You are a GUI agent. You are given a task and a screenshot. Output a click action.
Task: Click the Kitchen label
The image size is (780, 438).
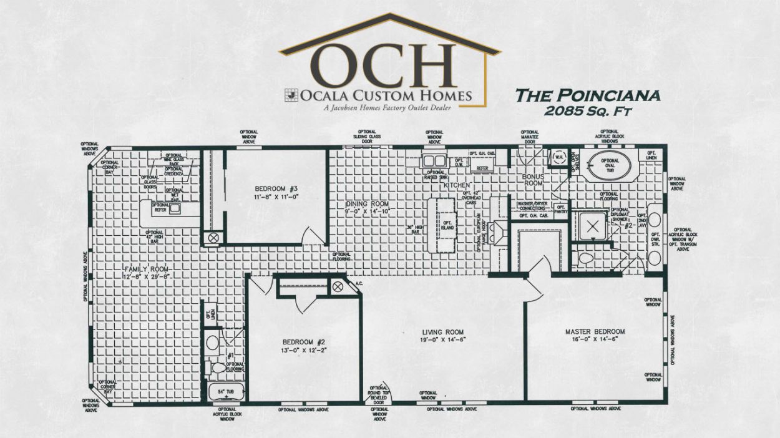point(457,185)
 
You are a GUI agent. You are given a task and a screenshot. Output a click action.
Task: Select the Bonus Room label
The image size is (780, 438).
point(534,180)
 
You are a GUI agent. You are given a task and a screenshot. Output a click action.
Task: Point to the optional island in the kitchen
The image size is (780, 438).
point(446,225)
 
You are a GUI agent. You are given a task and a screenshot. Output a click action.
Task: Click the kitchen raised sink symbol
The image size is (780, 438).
point(434,161)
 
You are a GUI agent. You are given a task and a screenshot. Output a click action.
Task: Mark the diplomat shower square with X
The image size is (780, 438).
point(592,226)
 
